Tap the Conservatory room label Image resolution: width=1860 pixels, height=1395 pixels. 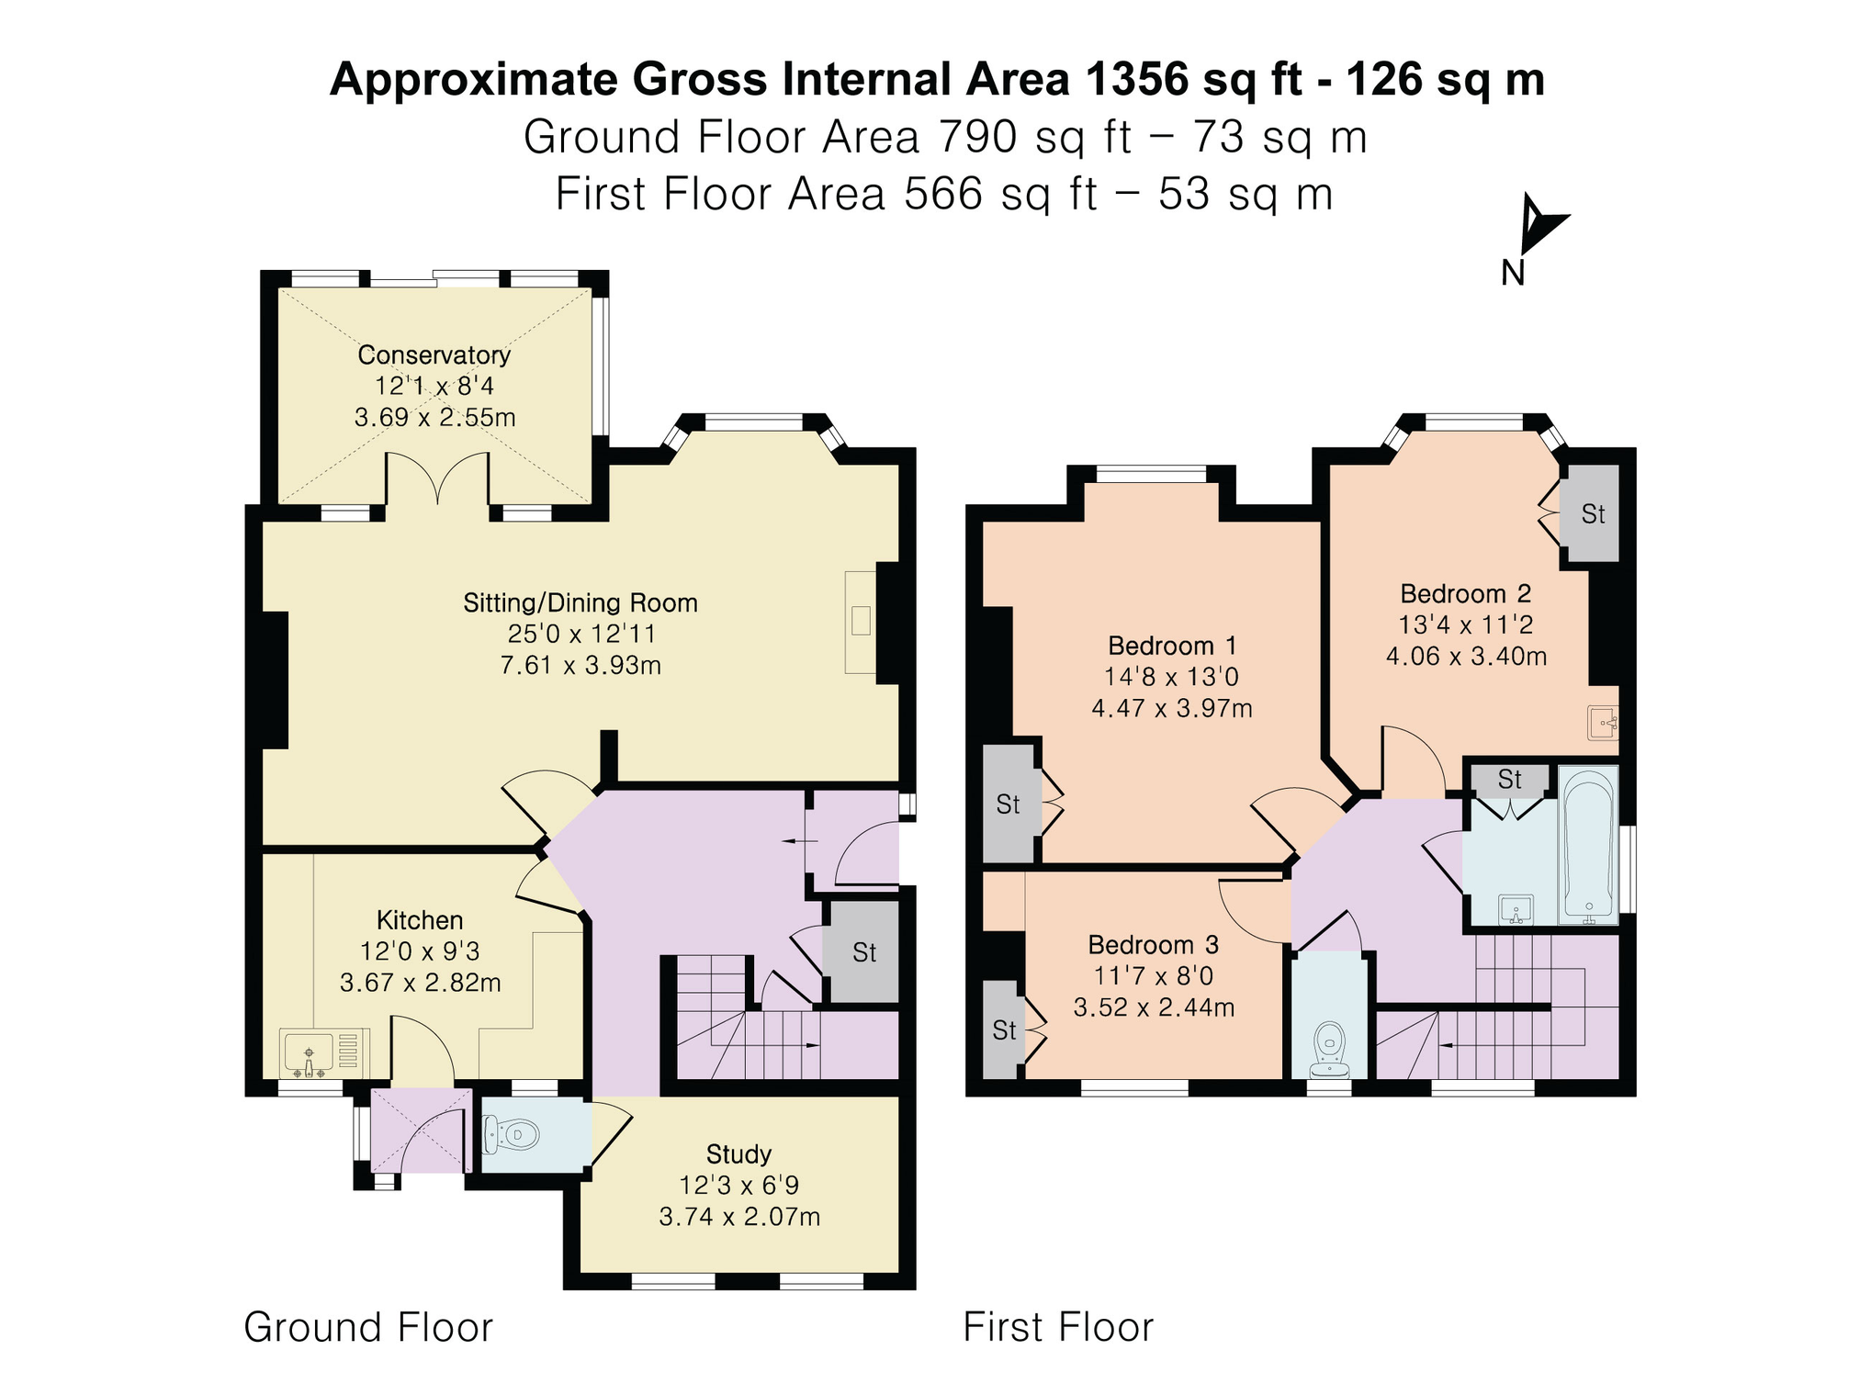434,354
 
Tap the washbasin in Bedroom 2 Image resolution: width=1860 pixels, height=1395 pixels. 1602,723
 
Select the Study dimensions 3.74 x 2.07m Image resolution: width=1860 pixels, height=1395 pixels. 739,1217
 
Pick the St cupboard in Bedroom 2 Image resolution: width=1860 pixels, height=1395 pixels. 1593,513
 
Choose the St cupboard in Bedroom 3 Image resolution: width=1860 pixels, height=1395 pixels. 1003,1030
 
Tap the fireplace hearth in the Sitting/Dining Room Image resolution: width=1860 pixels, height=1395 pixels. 861,622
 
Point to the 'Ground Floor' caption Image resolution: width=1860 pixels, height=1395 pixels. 368,1328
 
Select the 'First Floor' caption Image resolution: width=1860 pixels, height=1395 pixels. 1058,1328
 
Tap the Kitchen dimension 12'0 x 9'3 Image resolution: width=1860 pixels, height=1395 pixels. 420,951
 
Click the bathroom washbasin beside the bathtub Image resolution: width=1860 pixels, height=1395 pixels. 1516,909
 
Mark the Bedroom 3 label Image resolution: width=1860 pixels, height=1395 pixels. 1153,945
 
